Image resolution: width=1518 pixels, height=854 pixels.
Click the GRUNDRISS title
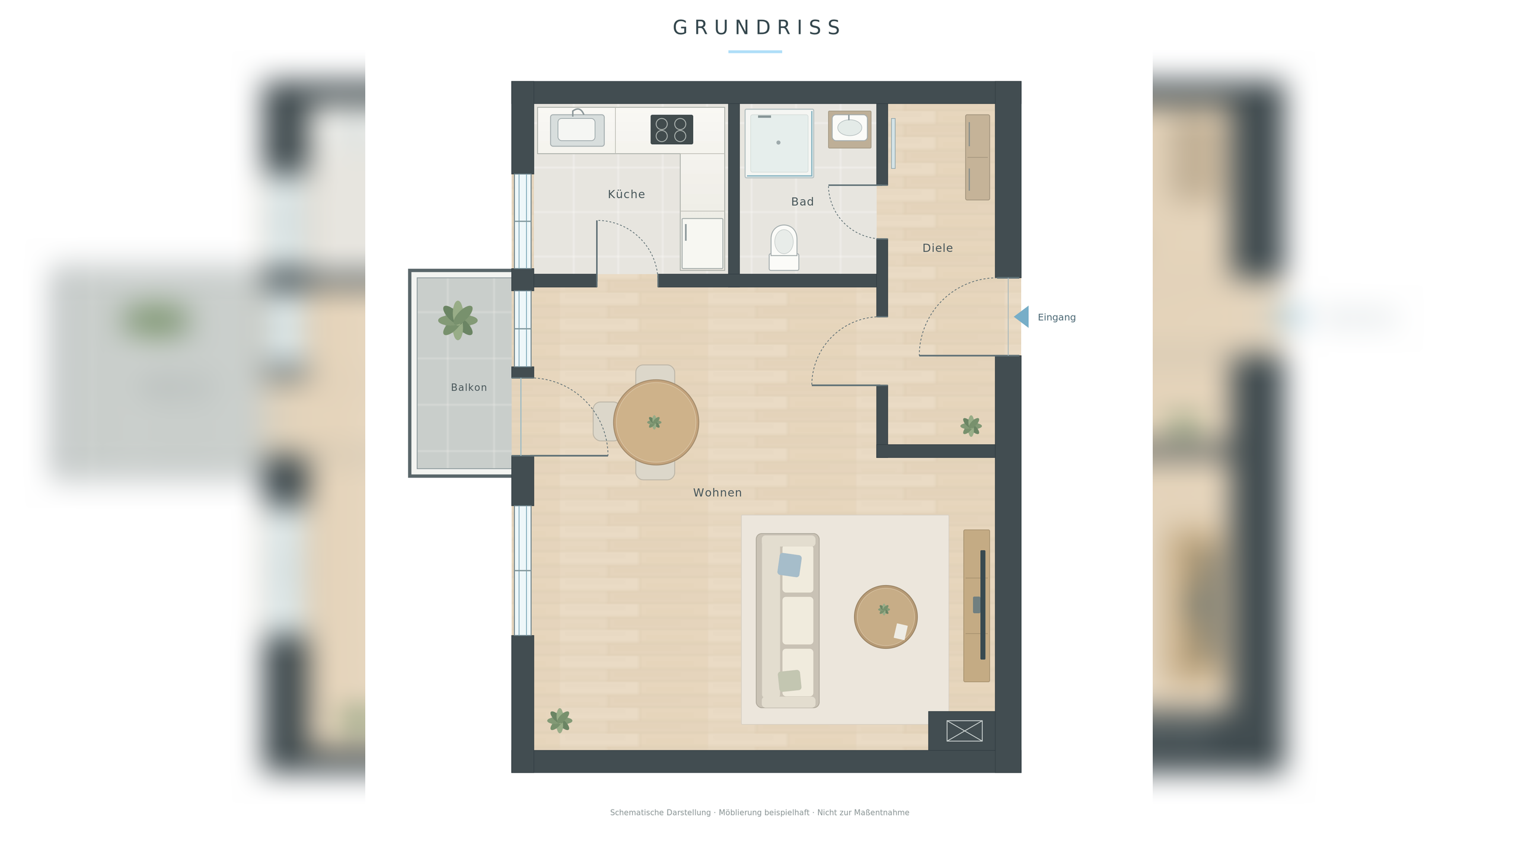pos(757,28)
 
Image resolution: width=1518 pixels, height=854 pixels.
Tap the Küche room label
pos(626,195)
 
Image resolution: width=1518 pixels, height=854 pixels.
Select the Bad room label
pos(802,202)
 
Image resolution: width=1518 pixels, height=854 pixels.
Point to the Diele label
pos(937,248)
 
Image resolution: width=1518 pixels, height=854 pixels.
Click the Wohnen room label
pos(717,493)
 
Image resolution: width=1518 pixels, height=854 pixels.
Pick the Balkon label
pos(468,387)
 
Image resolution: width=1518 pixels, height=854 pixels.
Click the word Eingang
pos(1057,317)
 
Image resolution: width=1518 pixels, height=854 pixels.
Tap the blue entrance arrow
pos(1022,317)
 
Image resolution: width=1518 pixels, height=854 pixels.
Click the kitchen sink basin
pos(577,129)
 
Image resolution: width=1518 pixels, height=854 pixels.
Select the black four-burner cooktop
pos(672,129)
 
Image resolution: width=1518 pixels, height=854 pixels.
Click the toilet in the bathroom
pos(784,248)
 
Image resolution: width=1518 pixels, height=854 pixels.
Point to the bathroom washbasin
pos(850,128)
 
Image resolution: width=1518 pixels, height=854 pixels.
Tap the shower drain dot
pos(779,142)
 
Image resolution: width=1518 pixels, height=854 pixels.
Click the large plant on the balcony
pos(458,320)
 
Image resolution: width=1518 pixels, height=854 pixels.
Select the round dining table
pos(656,422)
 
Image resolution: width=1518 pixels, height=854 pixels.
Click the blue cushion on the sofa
pos(789,565)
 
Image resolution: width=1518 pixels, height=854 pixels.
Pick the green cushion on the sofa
pos(790,681)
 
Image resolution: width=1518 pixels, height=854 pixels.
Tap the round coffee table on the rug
pos(886,617)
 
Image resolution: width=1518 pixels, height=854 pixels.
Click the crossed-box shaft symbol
pos(964,731)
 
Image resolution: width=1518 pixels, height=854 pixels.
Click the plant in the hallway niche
pos(971,426)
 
